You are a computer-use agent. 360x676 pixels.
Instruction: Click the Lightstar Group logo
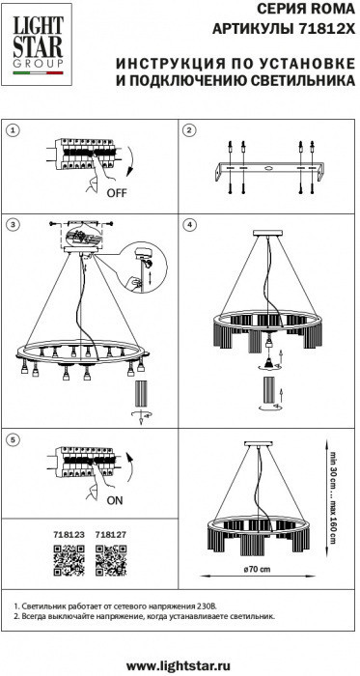(x=37, y=44)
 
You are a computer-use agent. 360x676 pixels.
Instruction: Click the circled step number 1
(x=14, y=130)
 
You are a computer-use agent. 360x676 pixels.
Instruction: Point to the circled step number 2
(x=189, y=130)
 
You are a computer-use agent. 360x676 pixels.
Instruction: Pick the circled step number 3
(x=14, y=224)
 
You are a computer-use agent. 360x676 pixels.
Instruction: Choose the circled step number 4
(x=189, y=224)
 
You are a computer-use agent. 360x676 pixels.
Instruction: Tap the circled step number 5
(x=14, y=439)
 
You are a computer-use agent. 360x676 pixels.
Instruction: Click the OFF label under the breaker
(x=117, y=193)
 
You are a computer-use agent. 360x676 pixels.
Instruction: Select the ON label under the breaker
(x=115, y=500)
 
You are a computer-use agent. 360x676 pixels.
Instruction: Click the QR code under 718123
(x=69, y=560)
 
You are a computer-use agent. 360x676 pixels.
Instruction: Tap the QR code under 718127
(x=111, y=560)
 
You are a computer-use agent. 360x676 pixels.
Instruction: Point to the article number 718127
(x=111, y=535)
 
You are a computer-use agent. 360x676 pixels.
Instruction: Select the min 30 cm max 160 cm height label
(x=332, y=497)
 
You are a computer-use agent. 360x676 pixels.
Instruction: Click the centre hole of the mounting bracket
(x=268, y=169)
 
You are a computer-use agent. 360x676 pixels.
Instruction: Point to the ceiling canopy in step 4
(x=267, y=234)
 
